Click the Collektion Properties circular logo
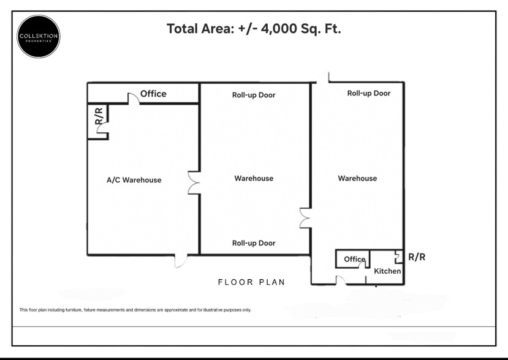point(38,37)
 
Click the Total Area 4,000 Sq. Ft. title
point(254,29)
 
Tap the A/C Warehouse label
point(134,180)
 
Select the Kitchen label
point(387,271)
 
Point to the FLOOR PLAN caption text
point(251,282)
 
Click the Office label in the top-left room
point(153,94)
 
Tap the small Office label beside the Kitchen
point(354,259)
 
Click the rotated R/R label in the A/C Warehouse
point(98,116)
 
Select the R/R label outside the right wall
point(416,257)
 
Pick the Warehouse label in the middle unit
point(254,178)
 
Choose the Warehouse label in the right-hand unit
point(357,178)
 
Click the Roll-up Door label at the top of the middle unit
point(254,95)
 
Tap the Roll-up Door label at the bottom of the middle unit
point(254,243)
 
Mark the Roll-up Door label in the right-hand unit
point(368,93)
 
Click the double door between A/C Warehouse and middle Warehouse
point(194,183)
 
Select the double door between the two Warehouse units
point(305,218)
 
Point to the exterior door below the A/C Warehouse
point(180,261)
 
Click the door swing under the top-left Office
point(133,99)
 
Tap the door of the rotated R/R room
point(105,127)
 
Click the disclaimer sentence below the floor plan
point(135,310)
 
